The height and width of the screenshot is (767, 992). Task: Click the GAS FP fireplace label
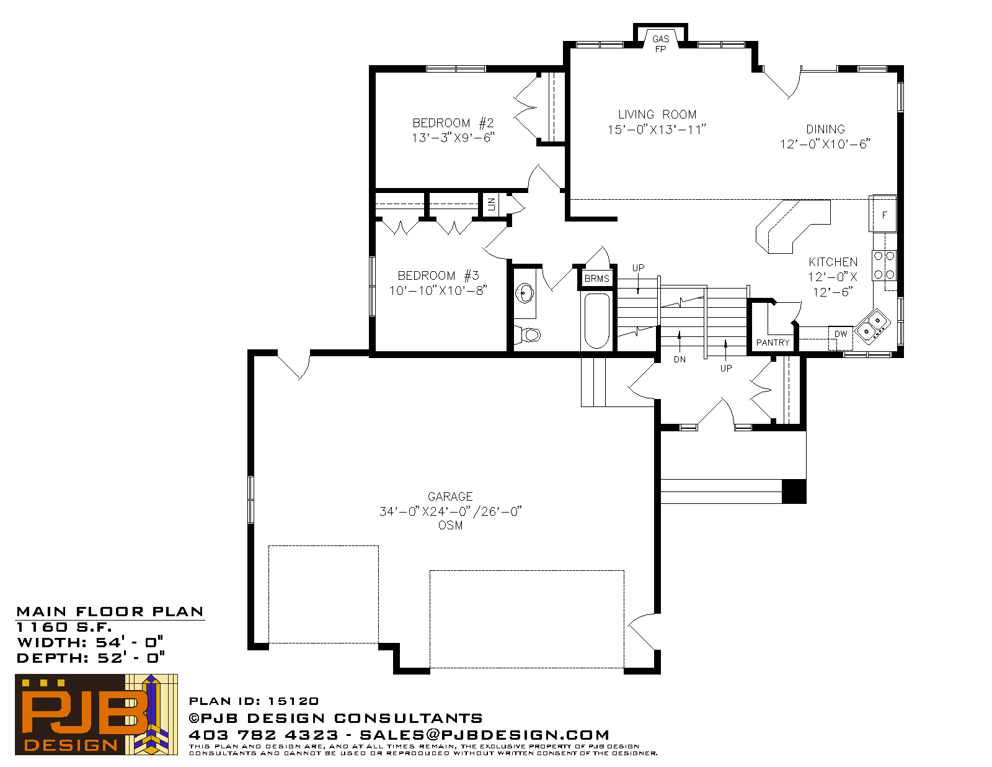pyautogui.click(x=660, y=44)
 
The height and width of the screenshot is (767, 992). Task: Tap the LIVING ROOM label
pyautogui.click(x=657, y=114)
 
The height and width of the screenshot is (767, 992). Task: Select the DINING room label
pyautogui.click(x=825, y=129)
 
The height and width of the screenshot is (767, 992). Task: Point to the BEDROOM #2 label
pyautogui.click(x=453, y=123)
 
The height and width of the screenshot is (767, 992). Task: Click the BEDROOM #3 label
pyautogui.click(x=438, y=276)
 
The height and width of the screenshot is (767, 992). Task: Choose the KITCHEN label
pyautogui.click(x=833, y=262)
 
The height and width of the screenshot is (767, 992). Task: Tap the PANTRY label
pyautogui.click(x=773, y=343)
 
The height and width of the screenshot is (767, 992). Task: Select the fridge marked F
pyautogui.click(x=883, y=215)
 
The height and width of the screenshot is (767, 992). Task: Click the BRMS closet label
pyautogui.click(x=596, y=278)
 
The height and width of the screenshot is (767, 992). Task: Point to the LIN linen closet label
pyautogui.click(x=491, y=204)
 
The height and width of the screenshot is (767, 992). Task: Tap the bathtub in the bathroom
pyautogui.click(x=597, y=321)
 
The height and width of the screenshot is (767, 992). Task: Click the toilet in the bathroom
pyautogui.click(x=528, y=334)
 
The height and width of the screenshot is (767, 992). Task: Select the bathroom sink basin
pyautogui.click(x=525, y=294)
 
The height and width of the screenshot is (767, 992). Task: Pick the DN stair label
pyautogui.click(x=680, y=359)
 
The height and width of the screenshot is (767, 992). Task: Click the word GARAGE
pyautogui.click(x=450, y=496)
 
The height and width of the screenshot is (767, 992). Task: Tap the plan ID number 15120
pyautogui.click(x=293, y=701)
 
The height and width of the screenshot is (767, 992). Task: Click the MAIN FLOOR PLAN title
pyautogui.click(x=110, y=612)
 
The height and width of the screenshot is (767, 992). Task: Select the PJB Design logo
pyautogui.click(x=96, y=714)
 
